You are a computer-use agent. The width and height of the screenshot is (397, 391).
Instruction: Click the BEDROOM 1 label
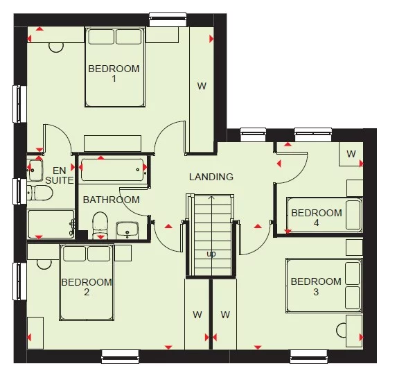point(114,73)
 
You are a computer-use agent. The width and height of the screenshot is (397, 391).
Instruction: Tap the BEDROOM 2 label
point(87,287)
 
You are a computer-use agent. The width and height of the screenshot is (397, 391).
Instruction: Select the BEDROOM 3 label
point(316,286)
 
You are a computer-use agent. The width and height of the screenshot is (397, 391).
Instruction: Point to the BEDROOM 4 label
point(316,218)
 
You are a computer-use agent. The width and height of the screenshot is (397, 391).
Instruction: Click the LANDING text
point(211,177)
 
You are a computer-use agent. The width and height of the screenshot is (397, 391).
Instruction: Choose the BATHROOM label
point(111,200)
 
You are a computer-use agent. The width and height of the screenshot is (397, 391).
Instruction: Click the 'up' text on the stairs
point(211,254)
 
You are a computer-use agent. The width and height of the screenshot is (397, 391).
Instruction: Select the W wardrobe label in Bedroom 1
point(202,87)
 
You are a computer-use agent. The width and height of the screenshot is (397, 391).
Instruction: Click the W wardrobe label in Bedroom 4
point(351,154)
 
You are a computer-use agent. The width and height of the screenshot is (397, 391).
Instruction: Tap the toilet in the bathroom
point(100,223)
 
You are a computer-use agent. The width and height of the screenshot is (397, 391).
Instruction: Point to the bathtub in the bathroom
point(112,170)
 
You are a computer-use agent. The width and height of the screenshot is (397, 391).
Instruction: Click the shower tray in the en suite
point(50,224)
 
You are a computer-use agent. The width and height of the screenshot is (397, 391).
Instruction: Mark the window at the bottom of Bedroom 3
point(308,357)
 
